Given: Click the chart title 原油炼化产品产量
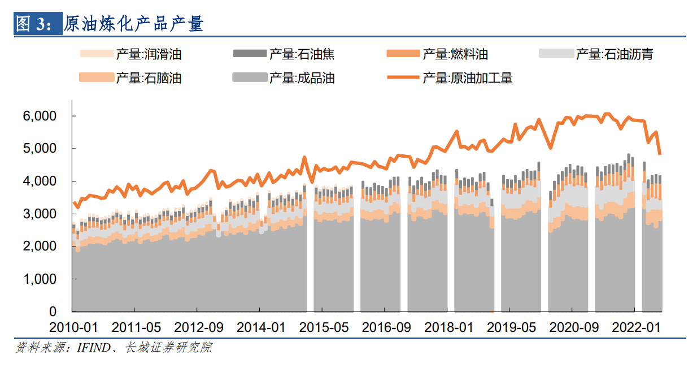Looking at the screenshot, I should [134, 23].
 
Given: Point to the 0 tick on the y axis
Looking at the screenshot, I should [54, 312].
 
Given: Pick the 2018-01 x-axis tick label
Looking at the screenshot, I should [448, 327].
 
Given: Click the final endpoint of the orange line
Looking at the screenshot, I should [660, 154].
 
